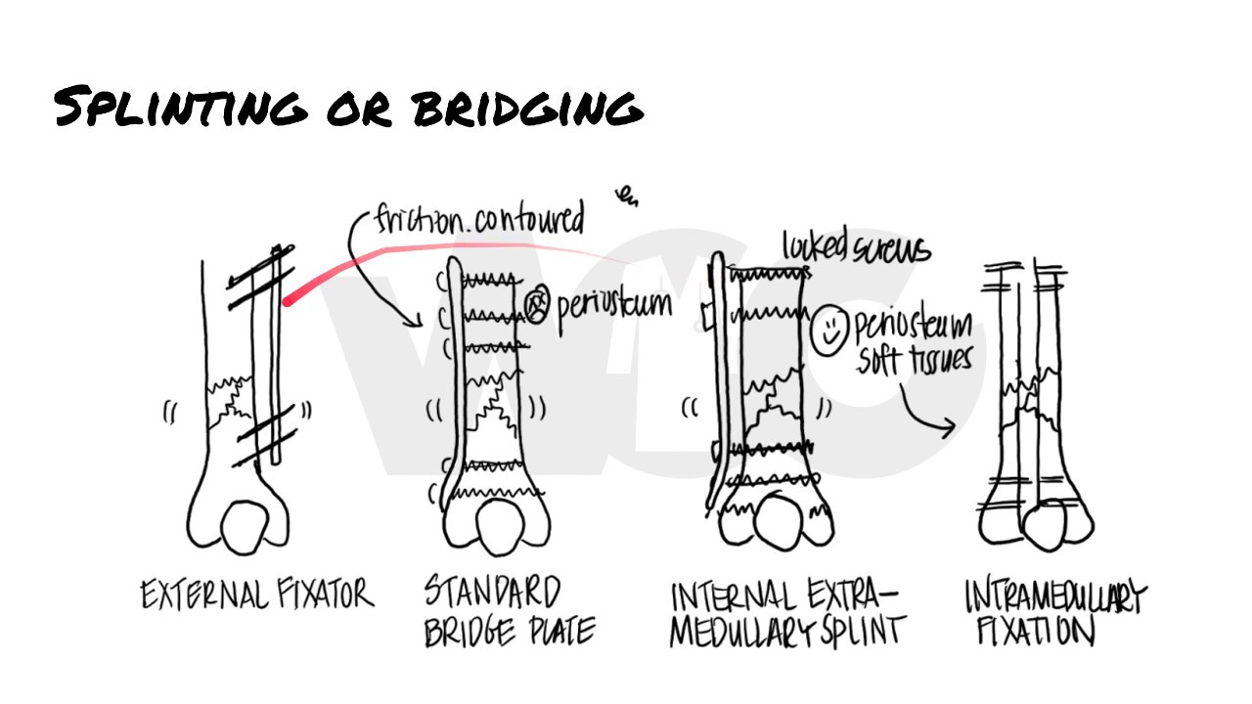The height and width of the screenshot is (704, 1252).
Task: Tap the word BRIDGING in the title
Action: pyautogui.click(x=528, y=108)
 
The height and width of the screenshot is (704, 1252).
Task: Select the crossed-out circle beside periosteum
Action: pyautogui.click(x=536, y=305)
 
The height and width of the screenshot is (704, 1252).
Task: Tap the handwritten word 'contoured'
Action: pyautogui.click(x=529, y=219)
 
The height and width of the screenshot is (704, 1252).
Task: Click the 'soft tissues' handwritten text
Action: pyautogui.click(x=915, y=360)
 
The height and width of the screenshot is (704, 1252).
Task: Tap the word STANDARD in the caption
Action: pyautogui.click(x=492, y=593)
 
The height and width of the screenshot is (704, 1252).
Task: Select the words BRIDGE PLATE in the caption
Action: pyautogui.click(x=509, y=632)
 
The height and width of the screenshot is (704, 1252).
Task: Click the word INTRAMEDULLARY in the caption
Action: pyautogui.click(x=1054, y=596)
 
